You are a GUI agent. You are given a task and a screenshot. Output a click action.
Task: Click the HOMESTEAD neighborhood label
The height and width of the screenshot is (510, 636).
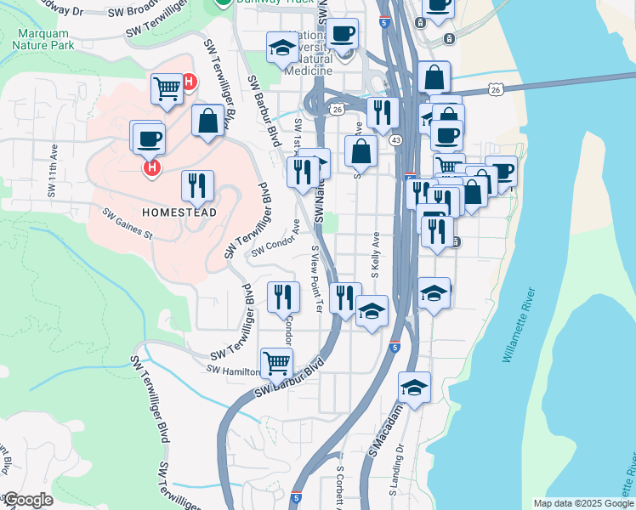pos(179,212)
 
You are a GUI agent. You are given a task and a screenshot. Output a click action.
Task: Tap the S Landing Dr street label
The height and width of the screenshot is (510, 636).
pos(395,475)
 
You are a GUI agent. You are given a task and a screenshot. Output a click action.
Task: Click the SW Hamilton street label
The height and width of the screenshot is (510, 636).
pos(232,371)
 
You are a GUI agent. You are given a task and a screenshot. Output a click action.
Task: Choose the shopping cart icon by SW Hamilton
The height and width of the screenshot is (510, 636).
pos(276,363)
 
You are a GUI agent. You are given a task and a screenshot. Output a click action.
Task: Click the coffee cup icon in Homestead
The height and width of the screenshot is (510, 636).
pos(147,138)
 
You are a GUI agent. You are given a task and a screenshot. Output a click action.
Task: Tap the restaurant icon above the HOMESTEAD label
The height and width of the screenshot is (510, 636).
pos(197,185)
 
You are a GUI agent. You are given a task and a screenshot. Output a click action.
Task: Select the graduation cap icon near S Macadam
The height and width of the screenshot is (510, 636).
pos(414,388)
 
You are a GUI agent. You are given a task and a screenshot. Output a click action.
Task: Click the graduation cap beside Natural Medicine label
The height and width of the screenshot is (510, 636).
pos(281,48)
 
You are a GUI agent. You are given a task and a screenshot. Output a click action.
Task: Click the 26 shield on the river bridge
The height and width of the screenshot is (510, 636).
pos(497,89)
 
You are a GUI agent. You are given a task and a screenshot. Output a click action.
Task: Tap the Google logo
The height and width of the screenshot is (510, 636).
pos(28,500)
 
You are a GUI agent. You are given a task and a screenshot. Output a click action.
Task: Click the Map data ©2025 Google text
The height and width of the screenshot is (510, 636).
pos(583,503)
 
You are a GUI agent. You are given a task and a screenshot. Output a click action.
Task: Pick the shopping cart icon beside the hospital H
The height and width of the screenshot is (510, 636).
pos(168,88)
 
